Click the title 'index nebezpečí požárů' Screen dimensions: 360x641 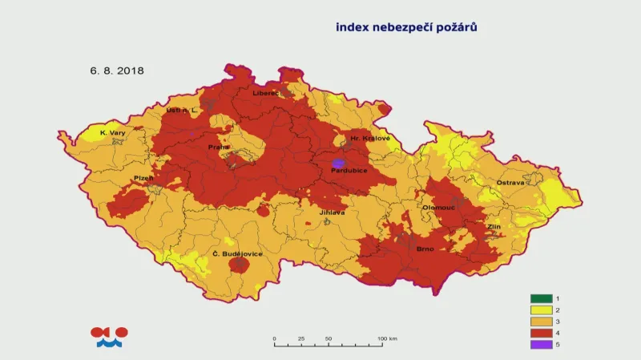point(406,27)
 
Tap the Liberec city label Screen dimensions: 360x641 point(266,93)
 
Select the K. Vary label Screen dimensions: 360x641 point(113,132)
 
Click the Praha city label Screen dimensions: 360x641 point(219,147)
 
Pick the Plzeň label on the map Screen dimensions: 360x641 point(143,178)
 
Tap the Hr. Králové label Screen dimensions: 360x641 point(369,139)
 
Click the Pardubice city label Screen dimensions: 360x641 point(351,170)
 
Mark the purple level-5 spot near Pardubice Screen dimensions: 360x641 point(338,163)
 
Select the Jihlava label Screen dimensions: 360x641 point(332,212)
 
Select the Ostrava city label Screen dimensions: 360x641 point(510,183)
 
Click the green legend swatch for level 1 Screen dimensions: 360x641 point(542,298)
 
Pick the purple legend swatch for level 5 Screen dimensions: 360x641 point(542,345)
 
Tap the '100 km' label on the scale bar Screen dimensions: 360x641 point(388,339)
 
